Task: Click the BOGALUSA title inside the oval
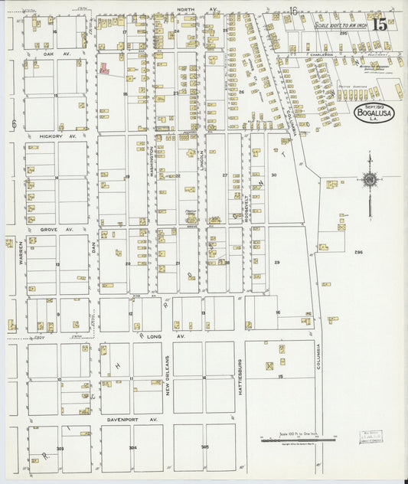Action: (374, 114)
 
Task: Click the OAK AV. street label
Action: (51, 54)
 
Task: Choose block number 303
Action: (60, 448)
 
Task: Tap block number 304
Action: (132, 448)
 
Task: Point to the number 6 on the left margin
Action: (14, 123)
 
